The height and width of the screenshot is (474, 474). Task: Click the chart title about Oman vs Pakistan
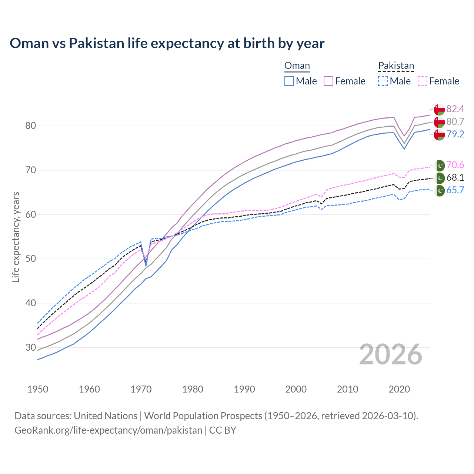(167, 43)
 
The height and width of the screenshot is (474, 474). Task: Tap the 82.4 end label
(455, 109)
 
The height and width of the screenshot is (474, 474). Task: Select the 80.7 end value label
(455, 121)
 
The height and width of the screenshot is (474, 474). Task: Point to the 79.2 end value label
(455, 134)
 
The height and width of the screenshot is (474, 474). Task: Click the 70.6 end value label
(455, 165)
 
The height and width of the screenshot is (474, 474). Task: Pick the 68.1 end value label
(455, 177)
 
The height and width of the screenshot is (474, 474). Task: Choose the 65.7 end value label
(455, 190)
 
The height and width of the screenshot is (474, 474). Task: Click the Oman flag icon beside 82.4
(439, 110)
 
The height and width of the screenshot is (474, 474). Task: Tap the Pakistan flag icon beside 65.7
(440, 191)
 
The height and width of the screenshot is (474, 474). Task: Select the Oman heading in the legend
(297, 66)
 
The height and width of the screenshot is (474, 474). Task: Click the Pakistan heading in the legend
(396, 66)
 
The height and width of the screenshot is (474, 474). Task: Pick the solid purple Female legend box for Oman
(328, 81)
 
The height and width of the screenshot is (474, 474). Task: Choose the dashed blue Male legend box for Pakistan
(383, 81)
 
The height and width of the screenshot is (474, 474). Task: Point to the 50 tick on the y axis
(31, 259)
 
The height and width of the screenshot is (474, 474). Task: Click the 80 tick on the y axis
(31, 126)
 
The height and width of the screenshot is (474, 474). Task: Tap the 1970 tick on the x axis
(141, 389)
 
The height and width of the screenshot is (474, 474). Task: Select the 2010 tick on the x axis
(347, 389)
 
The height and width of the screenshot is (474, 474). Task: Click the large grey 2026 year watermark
(391, 354)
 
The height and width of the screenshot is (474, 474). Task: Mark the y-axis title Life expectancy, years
(16, 237)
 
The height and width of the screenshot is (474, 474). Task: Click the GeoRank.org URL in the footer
(108, 430)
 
